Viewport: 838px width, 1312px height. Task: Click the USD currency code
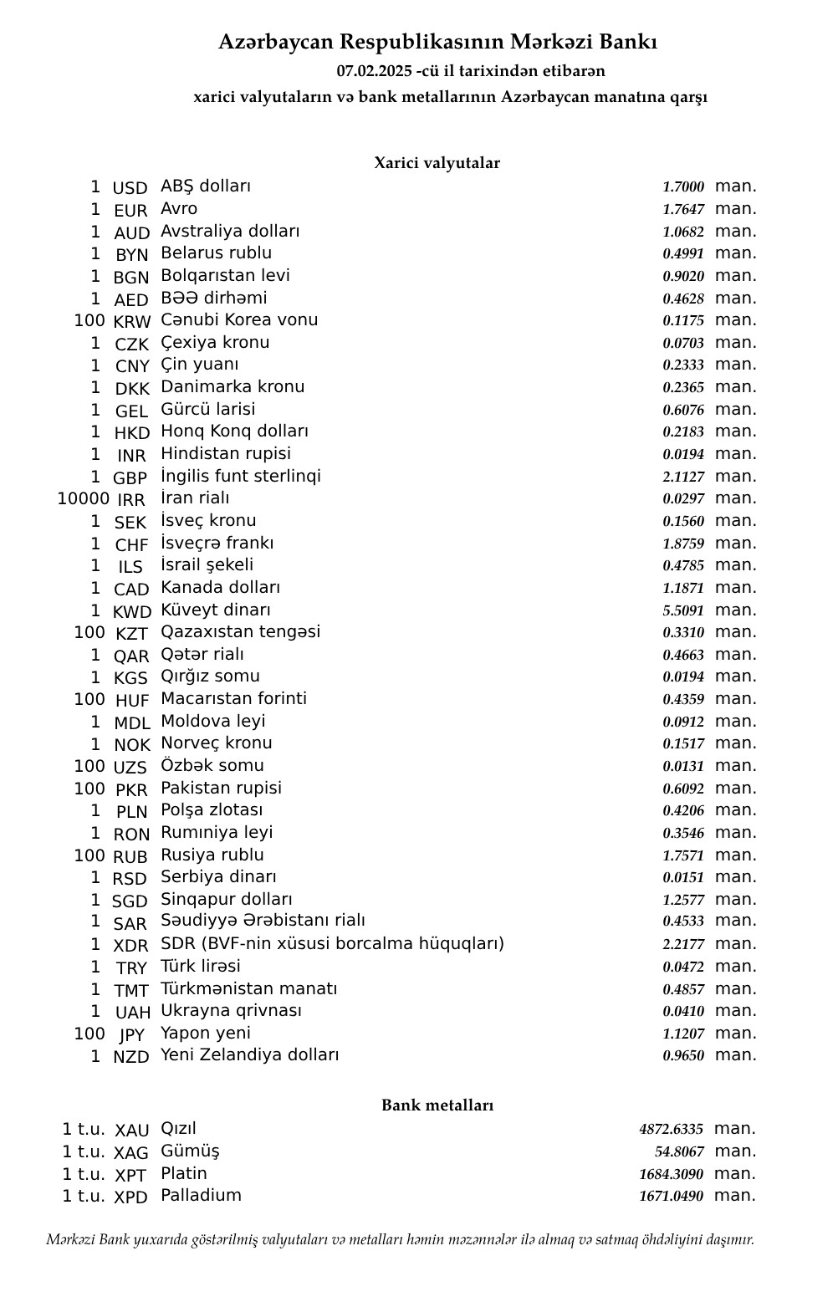pos(130,188)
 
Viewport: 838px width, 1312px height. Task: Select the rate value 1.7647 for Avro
pos(683,210)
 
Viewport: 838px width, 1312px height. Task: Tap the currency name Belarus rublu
pos(216,253)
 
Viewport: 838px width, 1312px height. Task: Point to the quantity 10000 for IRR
pos(83,499)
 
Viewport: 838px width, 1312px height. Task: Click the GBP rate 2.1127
pos(683,477)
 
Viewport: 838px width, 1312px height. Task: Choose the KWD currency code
pos(131,612)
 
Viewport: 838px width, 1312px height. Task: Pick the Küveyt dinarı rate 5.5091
pos(683,610)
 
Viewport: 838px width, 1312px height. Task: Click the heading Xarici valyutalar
pos(437,163)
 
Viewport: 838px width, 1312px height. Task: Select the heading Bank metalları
pos(437,1105)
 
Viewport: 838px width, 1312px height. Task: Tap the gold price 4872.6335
pos(671,1130)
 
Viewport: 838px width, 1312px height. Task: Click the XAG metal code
pos(130,1153)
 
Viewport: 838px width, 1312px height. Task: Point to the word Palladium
pos(201,1195)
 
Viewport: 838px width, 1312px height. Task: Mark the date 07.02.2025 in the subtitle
pos(374,71)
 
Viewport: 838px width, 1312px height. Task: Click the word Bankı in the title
pos(628,42)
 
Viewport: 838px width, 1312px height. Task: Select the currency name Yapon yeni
pos(205,1034)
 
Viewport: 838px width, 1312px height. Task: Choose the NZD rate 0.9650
pos(683,1056)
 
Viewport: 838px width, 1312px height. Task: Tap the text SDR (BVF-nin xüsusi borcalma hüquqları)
pos(332,944)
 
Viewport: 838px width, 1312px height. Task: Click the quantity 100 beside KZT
pos(89,633)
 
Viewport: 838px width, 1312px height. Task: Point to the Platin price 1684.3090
pos(671,1174)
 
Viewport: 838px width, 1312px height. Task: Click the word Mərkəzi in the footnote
pos(70,1239)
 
